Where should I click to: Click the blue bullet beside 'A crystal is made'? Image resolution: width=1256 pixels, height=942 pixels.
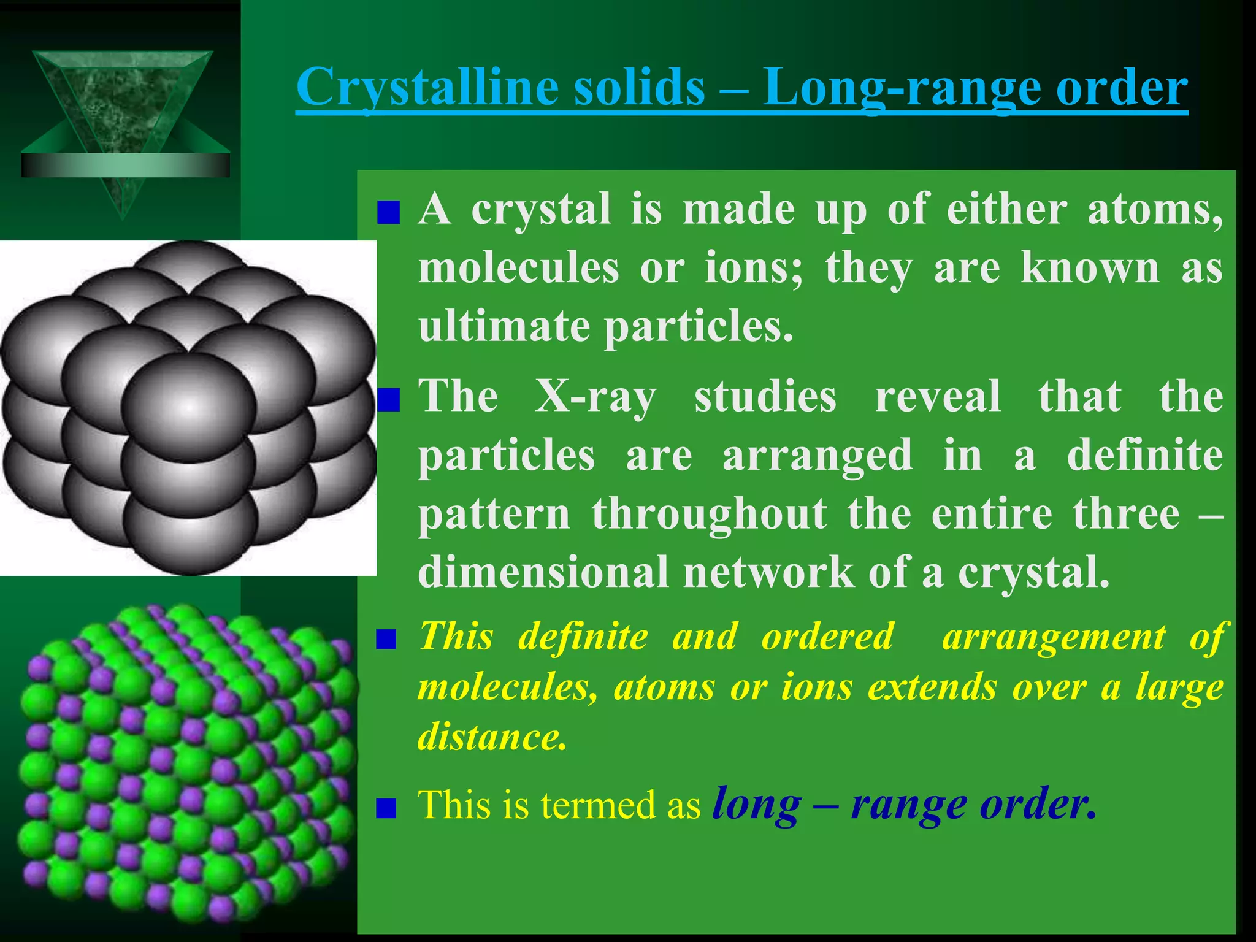point(388,213)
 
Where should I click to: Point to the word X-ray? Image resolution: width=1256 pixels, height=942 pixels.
point(595,397)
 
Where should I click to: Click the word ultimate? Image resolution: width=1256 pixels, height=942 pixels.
point(504,326)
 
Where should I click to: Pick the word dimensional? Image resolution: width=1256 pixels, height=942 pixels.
point(543,572)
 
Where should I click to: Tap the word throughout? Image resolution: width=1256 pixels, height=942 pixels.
point(709,513)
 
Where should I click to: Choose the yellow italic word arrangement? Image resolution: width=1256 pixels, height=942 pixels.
point(1054,636)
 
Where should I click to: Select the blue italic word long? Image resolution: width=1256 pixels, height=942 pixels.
point(756,805)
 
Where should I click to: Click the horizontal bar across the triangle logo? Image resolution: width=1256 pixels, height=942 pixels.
point(125,165)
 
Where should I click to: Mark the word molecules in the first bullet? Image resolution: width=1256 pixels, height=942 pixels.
point(518,269)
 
